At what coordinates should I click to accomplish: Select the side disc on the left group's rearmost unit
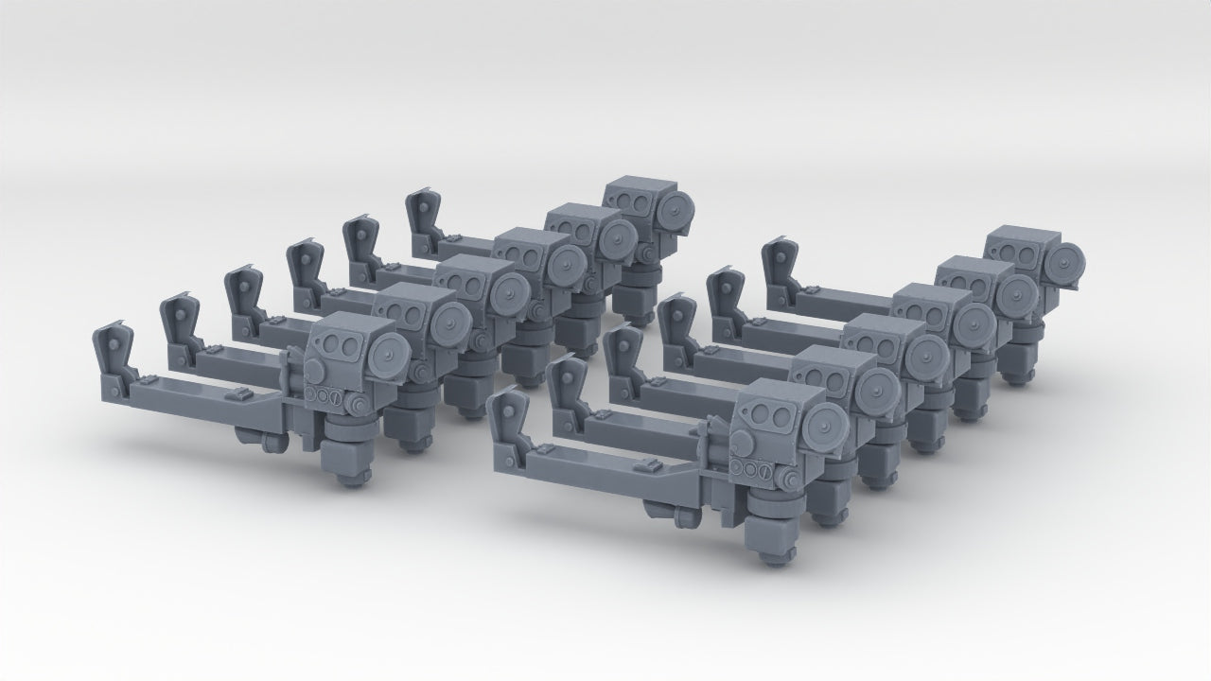pos(676,209)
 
